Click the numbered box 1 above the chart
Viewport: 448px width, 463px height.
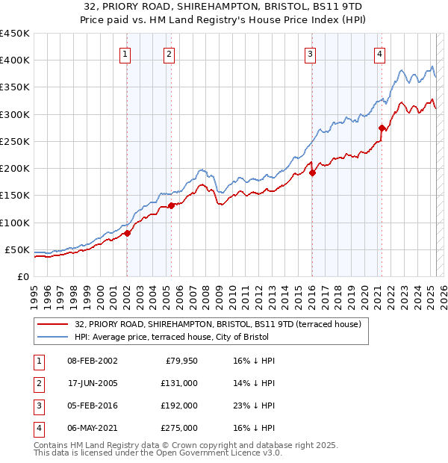125,53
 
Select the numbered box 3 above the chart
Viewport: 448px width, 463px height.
310,53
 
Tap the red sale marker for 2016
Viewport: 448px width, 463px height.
313,173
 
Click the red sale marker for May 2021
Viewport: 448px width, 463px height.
382,128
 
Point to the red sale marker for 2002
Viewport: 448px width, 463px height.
127,233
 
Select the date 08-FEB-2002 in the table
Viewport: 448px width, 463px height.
93,360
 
